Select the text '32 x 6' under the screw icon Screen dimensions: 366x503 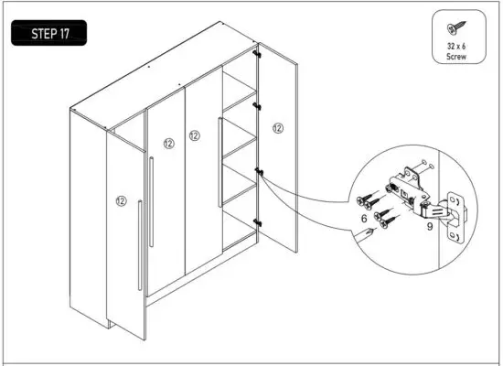pos(455,47)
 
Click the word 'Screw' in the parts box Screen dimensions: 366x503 pos(455,57)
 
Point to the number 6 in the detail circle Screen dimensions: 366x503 pos(364,220)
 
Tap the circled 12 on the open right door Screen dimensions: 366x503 pos(278,129)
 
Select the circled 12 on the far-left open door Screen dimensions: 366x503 pos(121,199)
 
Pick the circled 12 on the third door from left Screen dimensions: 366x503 pos(194,135)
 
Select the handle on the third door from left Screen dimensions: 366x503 pos(219,162)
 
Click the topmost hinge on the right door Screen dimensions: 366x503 pos(257,54)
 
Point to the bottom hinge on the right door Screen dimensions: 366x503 pos(256,221)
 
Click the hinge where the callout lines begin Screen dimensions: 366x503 pos(259,171)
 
